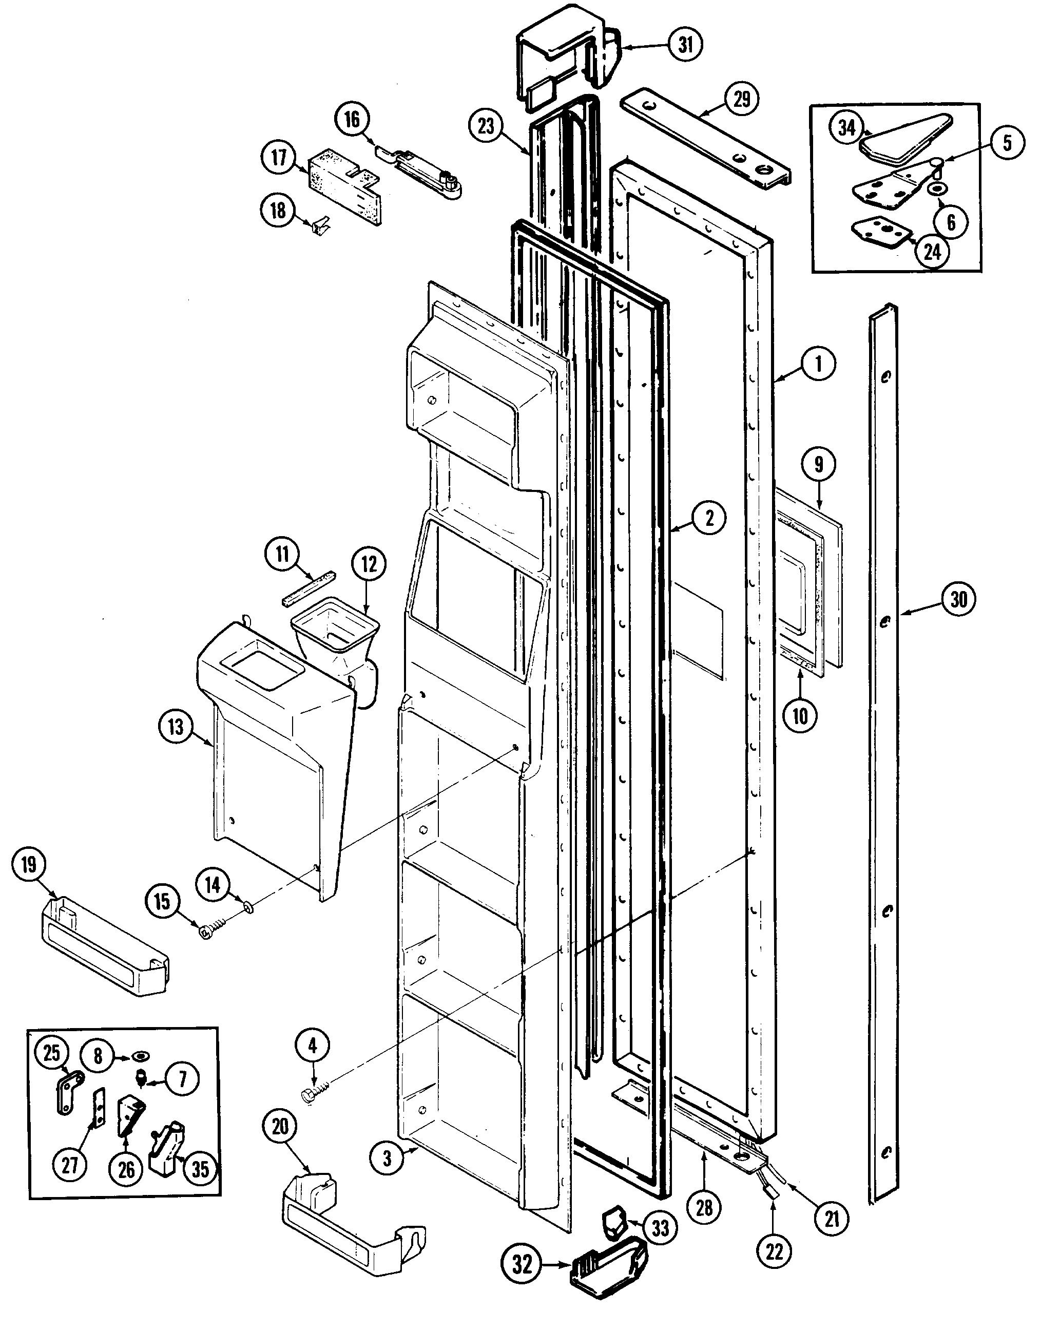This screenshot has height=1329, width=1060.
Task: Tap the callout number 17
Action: pos(279,157)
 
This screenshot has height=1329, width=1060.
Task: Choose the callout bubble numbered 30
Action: pos(958,599)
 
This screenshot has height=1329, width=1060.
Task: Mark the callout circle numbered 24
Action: pos(932,252)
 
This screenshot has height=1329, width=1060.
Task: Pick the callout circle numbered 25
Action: pos(51,1052)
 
